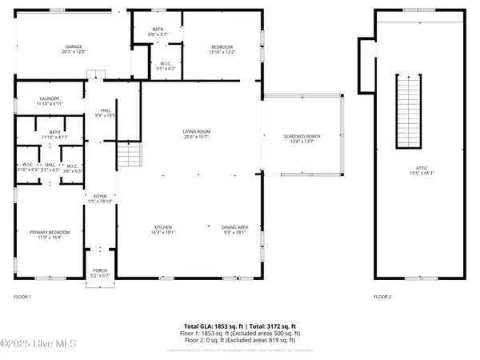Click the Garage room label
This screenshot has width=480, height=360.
(74, 46)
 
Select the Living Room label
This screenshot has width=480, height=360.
(196, 131)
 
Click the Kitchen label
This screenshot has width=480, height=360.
(164, 228)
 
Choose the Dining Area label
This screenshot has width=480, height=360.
(235, 228)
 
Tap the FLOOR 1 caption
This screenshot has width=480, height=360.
(22, 297)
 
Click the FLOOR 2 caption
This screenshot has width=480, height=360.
(382, 297)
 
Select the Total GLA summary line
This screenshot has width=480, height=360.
(240, 326)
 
